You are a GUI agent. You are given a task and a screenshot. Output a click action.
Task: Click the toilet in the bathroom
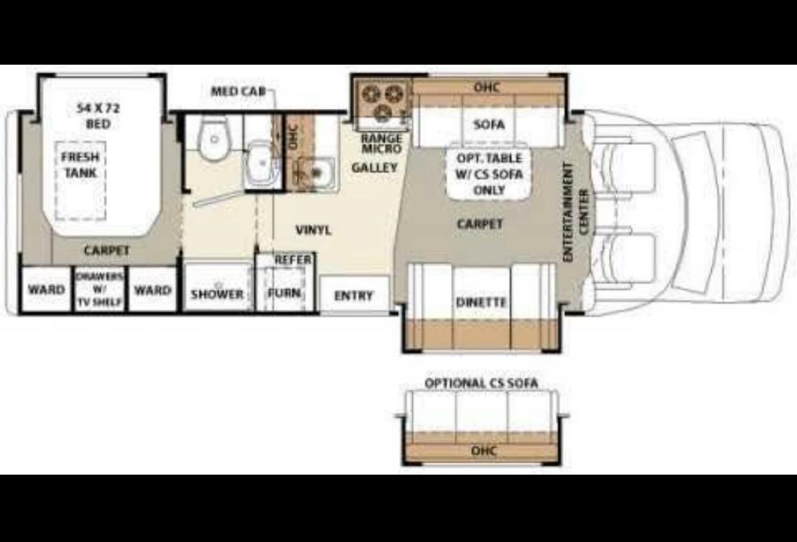tap(214, 138)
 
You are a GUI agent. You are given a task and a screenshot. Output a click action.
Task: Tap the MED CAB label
tap(238, 91)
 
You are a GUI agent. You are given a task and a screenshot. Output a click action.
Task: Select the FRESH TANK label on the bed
tap(80, 165)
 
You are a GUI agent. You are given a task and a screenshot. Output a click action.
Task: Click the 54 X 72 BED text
tap(98, 116)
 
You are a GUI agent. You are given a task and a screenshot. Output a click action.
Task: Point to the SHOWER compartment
tap(217, 287)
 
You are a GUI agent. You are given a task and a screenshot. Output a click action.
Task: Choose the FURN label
tap(285, 292)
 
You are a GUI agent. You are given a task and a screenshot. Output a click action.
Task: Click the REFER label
tap(293, 259)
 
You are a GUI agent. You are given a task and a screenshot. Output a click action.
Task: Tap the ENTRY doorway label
tap(354, 296)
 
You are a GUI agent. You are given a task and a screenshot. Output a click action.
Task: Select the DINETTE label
tap(481, 302)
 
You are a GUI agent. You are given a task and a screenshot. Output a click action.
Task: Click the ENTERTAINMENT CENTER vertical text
tap(576, 212)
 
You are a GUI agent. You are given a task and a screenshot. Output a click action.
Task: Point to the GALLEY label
tap(375, 167)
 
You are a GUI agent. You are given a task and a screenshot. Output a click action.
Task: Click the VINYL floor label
tap(313, 230)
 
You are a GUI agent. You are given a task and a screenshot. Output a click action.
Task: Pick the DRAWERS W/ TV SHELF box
tap(100, 289)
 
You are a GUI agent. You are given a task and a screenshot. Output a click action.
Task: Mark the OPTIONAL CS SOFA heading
tap(481, 383)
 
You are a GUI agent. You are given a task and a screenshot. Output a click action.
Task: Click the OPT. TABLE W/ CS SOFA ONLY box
tap(489, 174)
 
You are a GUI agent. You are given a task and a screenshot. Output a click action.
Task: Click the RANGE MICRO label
tap(382, 143)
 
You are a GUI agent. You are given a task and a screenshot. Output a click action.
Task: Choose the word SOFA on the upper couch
tap(489, 124)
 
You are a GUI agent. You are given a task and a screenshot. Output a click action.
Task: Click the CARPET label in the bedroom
tap(106, 250)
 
